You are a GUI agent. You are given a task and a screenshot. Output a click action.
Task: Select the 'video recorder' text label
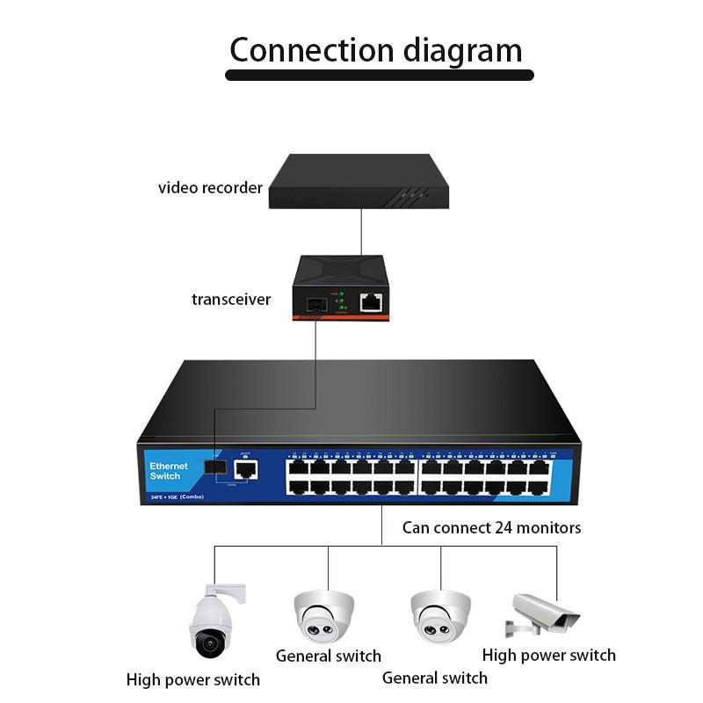point(210,188)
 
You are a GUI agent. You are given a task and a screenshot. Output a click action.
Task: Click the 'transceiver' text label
point(231,300)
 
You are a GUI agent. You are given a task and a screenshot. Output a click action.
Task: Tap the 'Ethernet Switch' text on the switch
point(169,471)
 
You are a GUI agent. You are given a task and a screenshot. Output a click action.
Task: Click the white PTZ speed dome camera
point(211,620)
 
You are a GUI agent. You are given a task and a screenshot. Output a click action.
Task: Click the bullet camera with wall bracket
point(543,613)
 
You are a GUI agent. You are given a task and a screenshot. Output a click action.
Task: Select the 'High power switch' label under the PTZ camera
point(193,679)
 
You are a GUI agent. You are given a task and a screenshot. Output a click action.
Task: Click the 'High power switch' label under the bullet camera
point(549,656)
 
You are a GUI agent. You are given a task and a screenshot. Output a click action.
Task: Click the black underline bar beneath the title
point(379,76)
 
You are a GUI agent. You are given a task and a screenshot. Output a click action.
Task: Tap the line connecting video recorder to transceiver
point(360,232)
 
